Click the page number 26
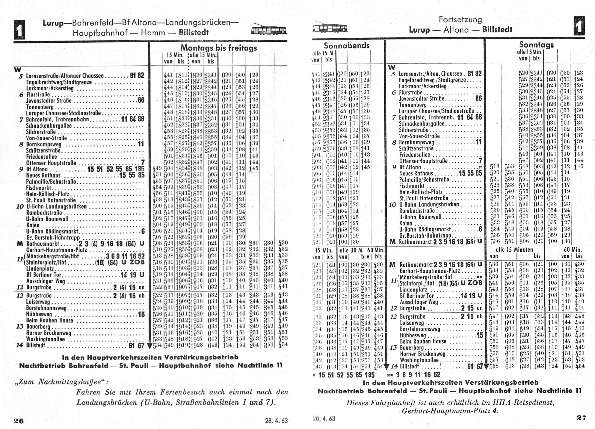pyautogui.click(x=18, y=421)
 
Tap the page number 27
pyautogui.click(x=581, y=418)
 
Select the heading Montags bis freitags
pyautogui.click(x=218, y=48)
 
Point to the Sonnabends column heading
pyautogui.click(x=347, y=46)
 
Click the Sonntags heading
pyautogui.click(x=536, y=45)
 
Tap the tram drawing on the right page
pyautogui.click(x=330, y=27)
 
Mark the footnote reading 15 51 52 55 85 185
pyautogui.click(x=346, y=375)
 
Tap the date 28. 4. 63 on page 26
pyautogui.click(x=276, y=421)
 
